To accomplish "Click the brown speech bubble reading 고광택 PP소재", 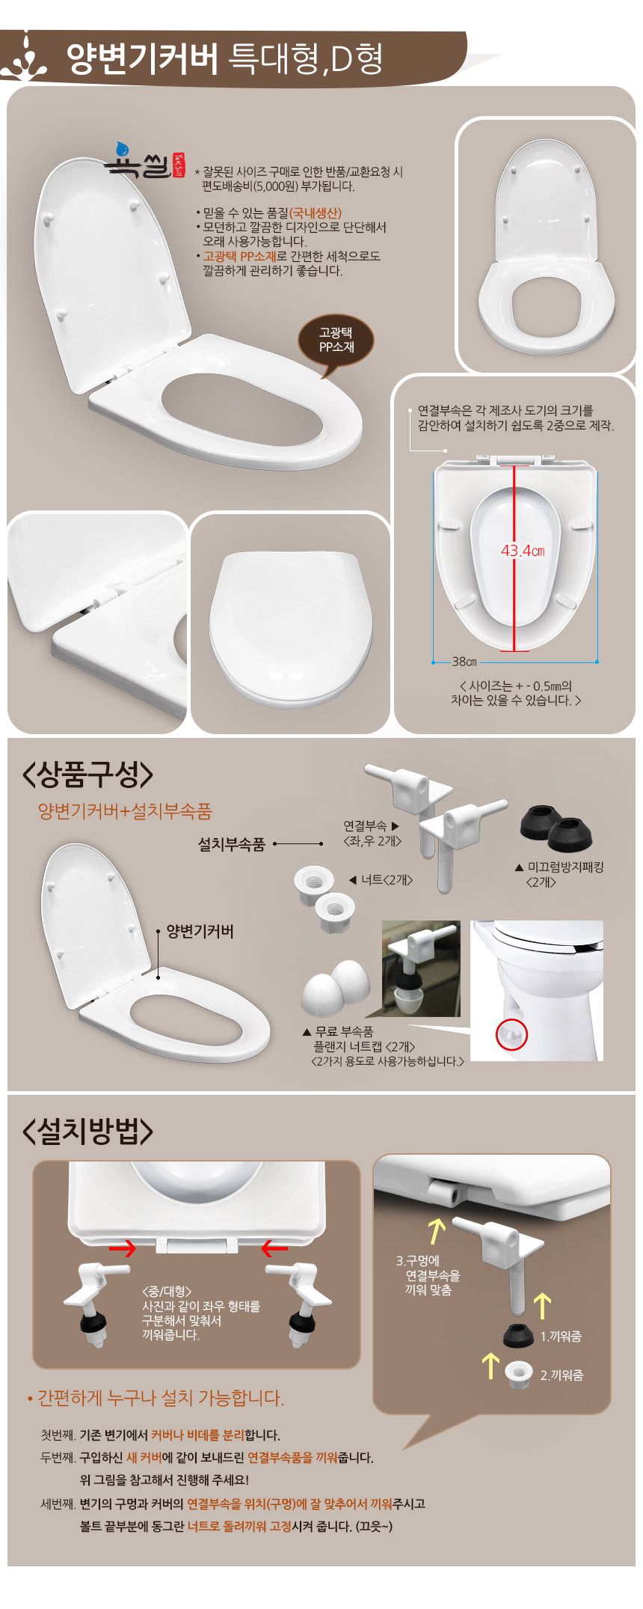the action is tap(336, 341).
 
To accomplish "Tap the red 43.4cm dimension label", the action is tap(523, 551).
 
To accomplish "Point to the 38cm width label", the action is tap(464, 662).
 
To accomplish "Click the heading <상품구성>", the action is tap(88, 775).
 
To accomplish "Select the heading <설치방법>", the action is tap(88, 1131).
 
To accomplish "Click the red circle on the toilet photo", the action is tap(512, 1034).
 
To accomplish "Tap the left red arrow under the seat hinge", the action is tap(122, 1248).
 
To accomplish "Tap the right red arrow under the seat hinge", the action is tap(274, 1248).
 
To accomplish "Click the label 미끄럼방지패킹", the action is tap(565, 867).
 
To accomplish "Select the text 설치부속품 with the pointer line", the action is tap(232, 844).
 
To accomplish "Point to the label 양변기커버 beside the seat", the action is tap(200, 931).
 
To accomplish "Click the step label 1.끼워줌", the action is tap(561, 1336).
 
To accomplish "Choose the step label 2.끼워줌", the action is tap(562, 1375).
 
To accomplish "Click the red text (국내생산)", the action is tap(316, 213).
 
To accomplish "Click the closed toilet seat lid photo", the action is tap(291, 627).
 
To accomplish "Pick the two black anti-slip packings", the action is tap(557, 828).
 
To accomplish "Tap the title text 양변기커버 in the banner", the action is tap(142, 59).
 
